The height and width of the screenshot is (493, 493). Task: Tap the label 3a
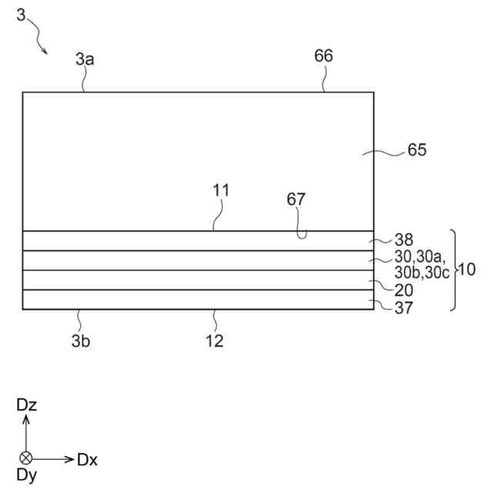coord(85,59)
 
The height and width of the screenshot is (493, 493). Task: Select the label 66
coord(324,55)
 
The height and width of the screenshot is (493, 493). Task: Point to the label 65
coord(417,150)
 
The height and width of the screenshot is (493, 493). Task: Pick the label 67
coord(296,200)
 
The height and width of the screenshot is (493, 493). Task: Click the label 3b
coord(81,340)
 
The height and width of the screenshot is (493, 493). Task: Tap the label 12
coord(215,340)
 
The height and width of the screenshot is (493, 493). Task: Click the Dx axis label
coord(87,460)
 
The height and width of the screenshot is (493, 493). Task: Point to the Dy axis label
coord(27,475)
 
